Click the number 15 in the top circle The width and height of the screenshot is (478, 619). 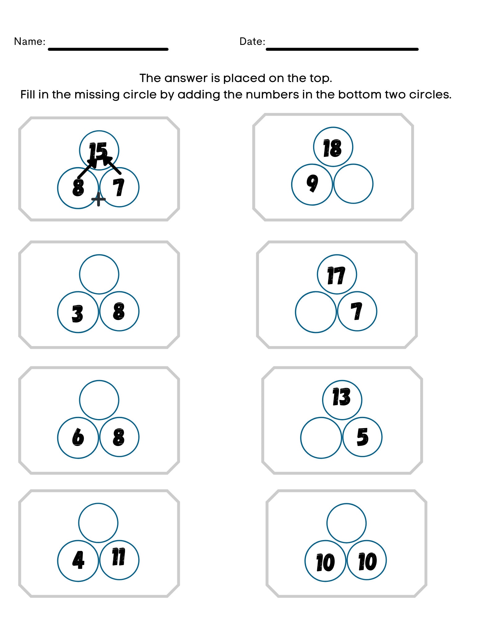tap(98, 151)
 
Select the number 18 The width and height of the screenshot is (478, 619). tap(333, 148)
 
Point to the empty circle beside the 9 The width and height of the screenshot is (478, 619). tap(353, 184)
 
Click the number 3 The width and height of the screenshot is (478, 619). tap(77, 314)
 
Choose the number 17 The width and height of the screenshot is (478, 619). tap(336, 275)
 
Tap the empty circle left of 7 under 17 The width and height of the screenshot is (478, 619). tap(316, 312)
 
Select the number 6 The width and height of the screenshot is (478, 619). tap(78, 437)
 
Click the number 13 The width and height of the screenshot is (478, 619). tap(342, 397)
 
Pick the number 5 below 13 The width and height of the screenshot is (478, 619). tap(362, 437)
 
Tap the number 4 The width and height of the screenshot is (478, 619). tap(78, 560)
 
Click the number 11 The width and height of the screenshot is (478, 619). tap(119, 557)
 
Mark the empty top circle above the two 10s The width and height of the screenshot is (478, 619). tap(346, 523)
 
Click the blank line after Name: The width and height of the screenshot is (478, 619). tap(108, 49)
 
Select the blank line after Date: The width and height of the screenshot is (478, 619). tap(342, 49)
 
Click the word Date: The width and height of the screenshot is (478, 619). tap(252, 41)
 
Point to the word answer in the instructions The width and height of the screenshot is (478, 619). tap(187, 78)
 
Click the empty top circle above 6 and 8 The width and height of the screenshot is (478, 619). tap(99, 400)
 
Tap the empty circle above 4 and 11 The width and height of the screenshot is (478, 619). tap(98, 523)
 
